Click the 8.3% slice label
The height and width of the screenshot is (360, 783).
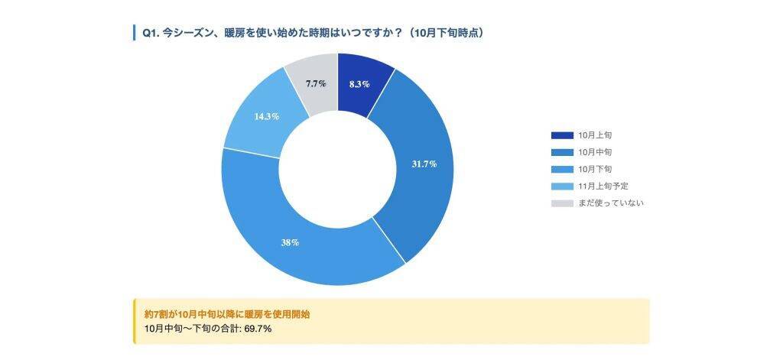[359, 84]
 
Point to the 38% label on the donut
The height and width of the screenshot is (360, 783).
[290, 242]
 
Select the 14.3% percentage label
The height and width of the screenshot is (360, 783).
[266, 116]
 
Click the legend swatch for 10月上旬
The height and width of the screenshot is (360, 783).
[562, 135]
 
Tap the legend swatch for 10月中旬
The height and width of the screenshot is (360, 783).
[562, 152]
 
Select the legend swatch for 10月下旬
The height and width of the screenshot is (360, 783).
[562, 169]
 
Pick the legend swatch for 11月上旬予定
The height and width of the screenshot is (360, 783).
[562, 186]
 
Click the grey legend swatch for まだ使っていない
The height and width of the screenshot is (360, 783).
[562, 203]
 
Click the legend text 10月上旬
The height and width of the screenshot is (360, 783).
[595, 135]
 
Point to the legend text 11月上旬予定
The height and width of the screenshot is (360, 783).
[603, 186]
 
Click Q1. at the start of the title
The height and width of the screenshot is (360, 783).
[150, 33]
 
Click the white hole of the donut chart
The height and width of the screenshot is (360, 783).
[337, 169]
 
